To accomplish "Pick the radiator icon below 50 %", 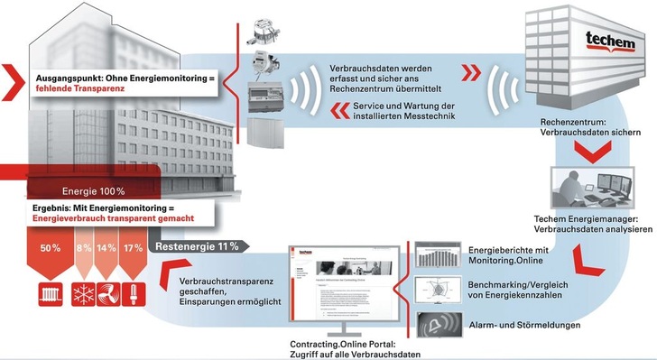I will click(x=51, y=294).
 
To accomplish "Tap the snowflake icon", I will click(x=84, y=294).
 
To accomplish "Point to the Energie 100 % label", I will click(x=93, y=191).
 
